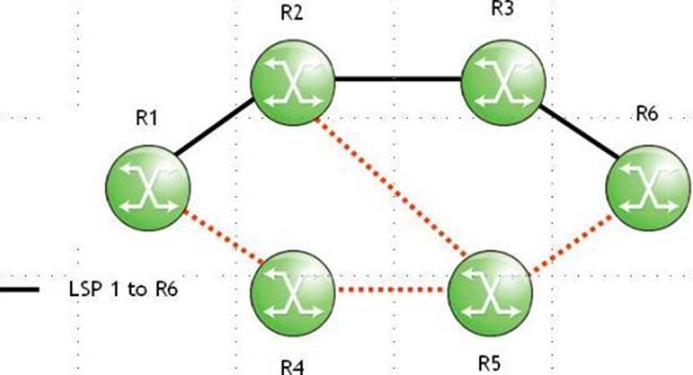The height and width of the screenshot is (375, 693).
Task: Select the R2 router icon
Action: pyautogui.click(x=293, y=81)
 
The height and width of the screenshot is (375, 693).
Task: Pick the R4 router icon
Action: pyautogui.click(x=293, y=291)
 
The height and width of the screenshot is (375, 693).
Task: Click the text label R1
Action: pyautogui.click(x=147, y=118)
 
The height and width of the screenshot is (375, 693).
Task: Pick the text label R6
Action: pyautogui.click(x=647, y=114)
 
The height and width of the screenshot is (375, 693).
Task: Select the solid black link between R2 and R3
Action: pyautogui.click(x=399, y=80)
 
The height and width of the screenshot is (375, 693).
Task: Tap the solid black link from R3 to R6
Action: pyautogui.click(x=579, y=131)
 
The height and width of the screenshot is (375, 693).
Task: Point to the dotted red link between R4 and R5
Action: pyautogui.click(x=391, y=291)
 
